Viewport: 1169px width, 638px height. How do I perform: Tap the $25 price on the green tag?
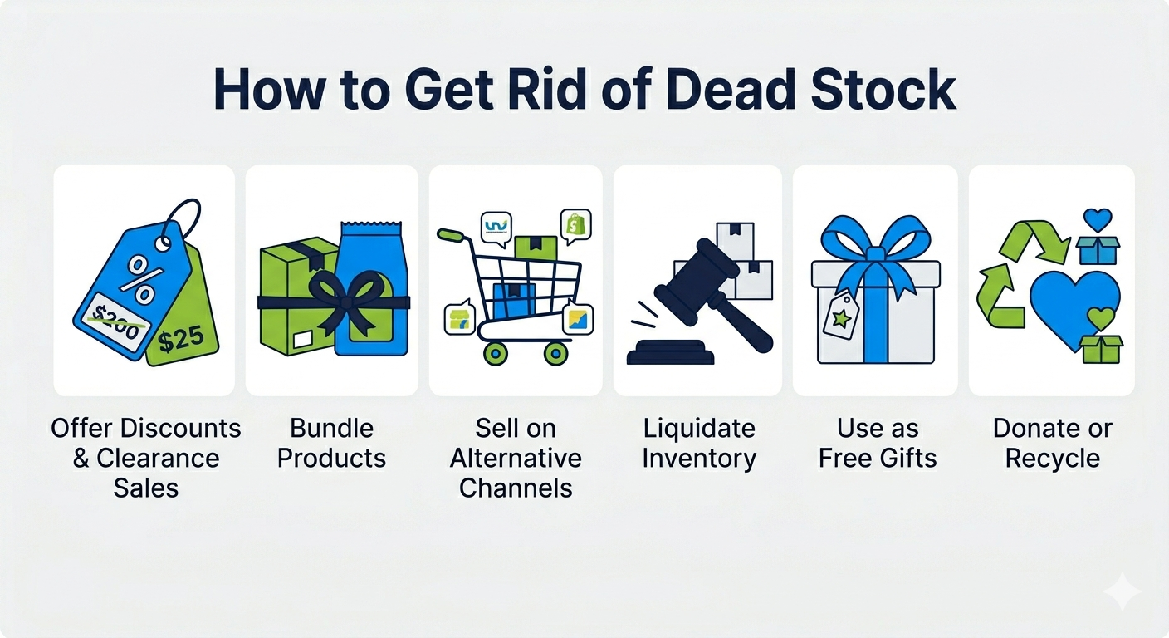point(181,340)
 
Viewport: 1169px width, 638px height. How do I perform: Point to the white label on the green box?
point(303,340)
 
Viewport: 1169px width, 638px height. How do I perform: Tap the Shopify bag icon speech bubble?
point(575,227)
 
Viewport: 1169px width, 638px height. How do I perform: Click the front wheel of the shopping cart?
point(555,353)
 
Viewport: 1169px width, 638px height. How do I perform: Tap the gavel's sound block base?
point(670,352)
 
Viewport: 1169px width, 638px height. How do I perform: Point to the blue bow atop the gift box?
point(876,242)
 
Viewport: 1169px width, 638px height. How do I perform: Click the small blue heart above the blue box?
point(1098,219)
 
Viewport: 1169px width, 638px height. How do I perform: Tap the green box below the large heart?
point(1101,349)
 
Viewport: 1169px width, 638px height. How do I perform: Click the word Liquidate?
point(699,428)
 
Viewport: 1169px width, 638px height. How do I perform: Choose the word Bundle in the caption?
point(331,428)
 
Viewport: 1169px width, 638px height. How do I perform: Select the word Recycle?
point(1053,458)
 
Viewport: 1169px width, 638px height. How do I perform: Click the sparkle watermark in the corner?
point(1123,591)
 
